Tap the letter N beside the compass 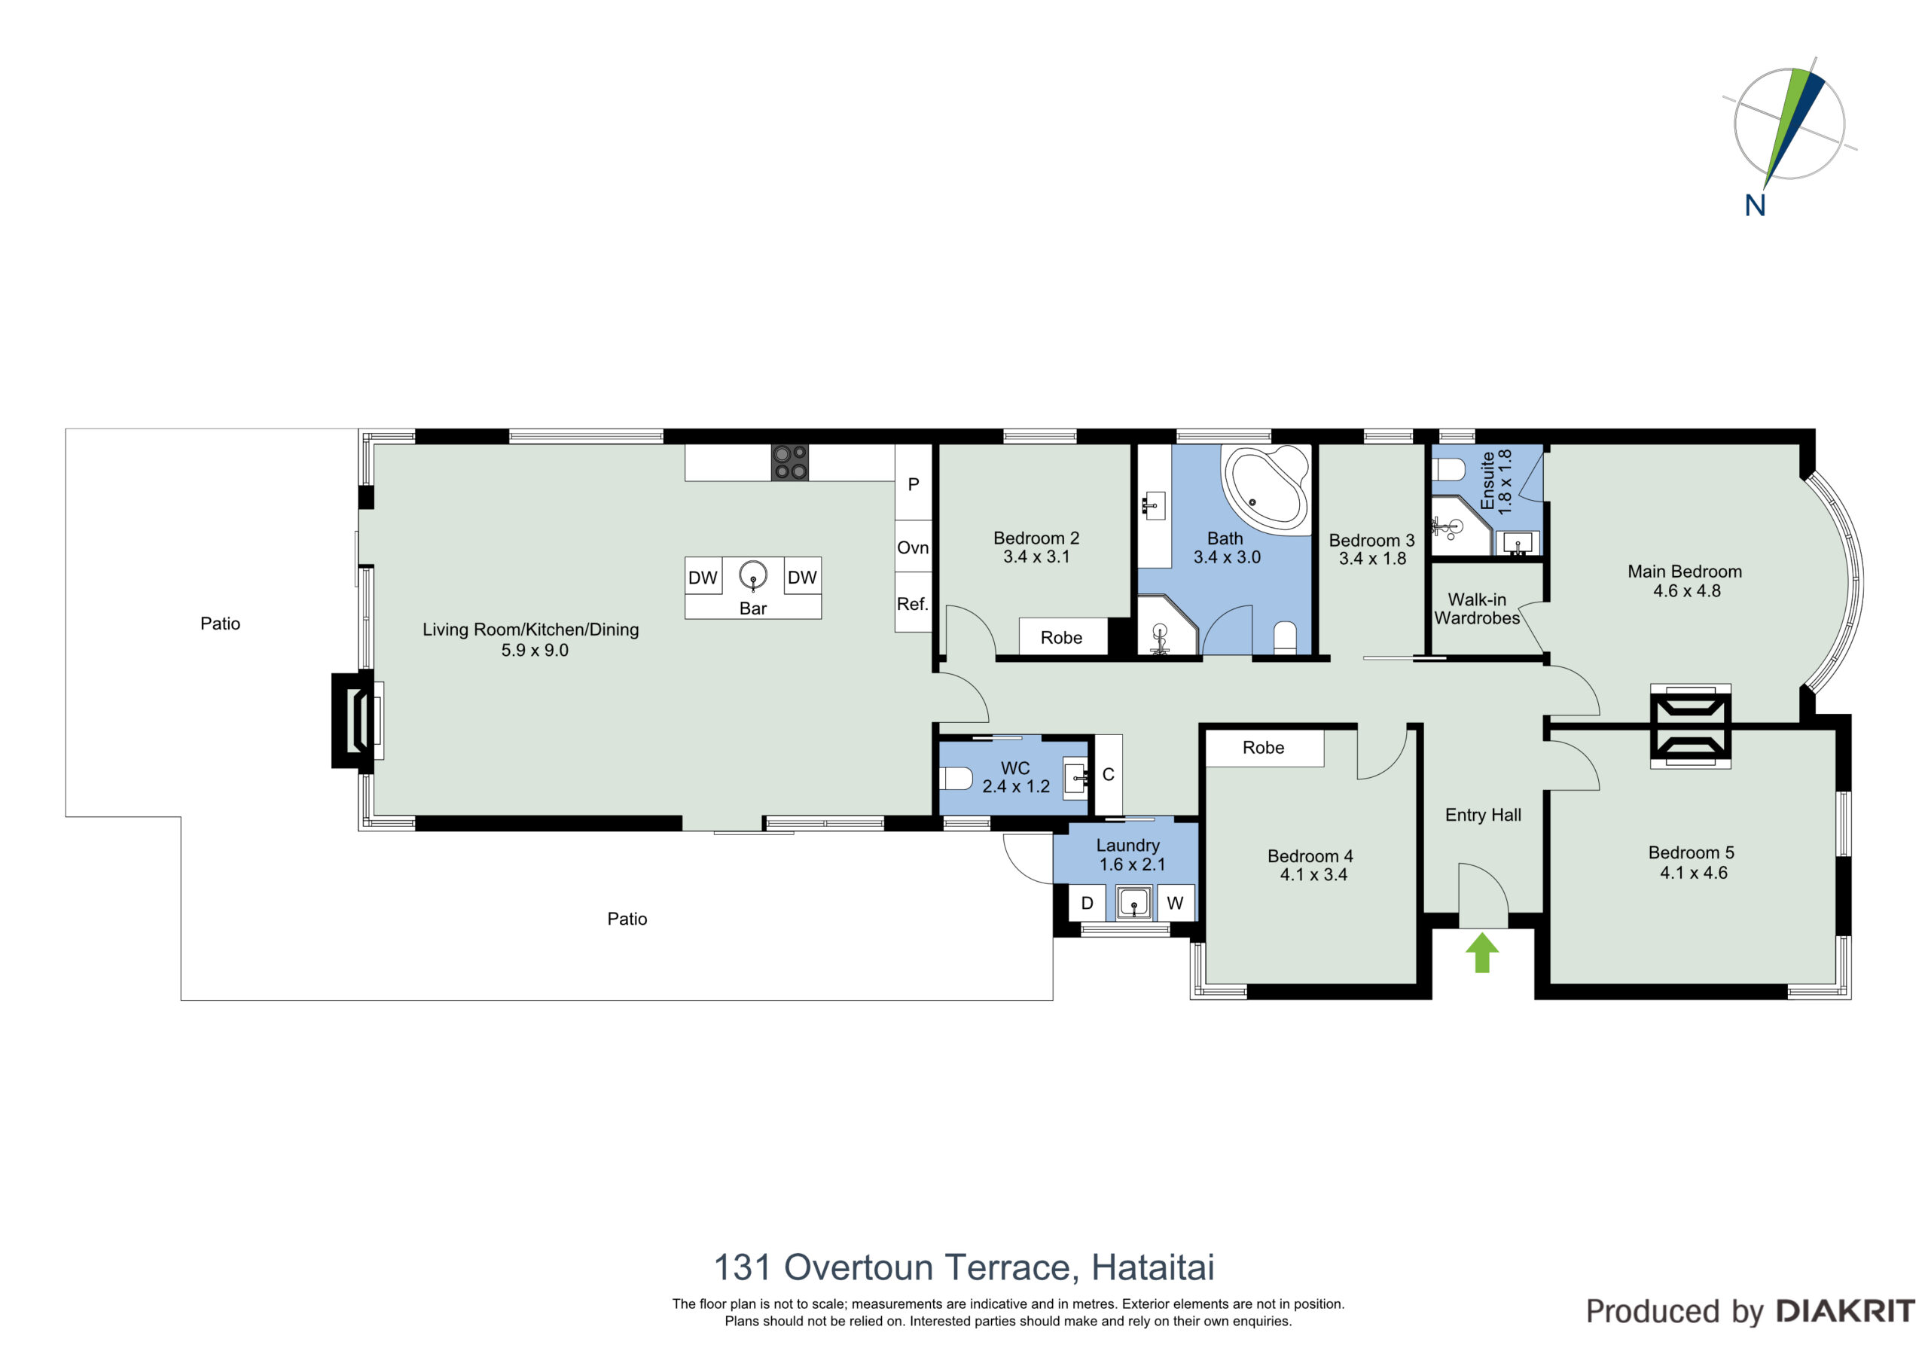(1755, 206)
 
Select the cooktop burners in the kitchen (789, 462)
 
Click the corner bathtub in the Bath (1265, 488)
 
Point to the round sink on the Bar (753, 576)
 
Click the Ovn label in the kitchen (913, 547)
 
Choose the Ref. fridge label (913, 604)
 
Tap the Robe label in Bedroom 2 (1061, 637)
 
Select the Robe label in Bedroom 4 (1263, 748)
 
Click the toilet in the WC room (956, 779)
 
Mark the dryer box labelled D (1087, 903)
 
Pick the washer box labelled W (1176, 903)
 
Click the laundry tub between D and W (1133, 904)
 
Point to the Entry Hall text (1483, 815)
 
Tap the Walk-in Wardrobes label (1477, 609)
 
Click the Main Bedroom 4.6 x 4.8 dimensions (1687, 590)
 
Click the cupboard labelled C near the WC (1109, 774)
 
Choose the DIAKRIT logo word (1846, 1312)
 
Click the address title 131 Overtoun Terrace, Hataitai (964, 1268)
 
